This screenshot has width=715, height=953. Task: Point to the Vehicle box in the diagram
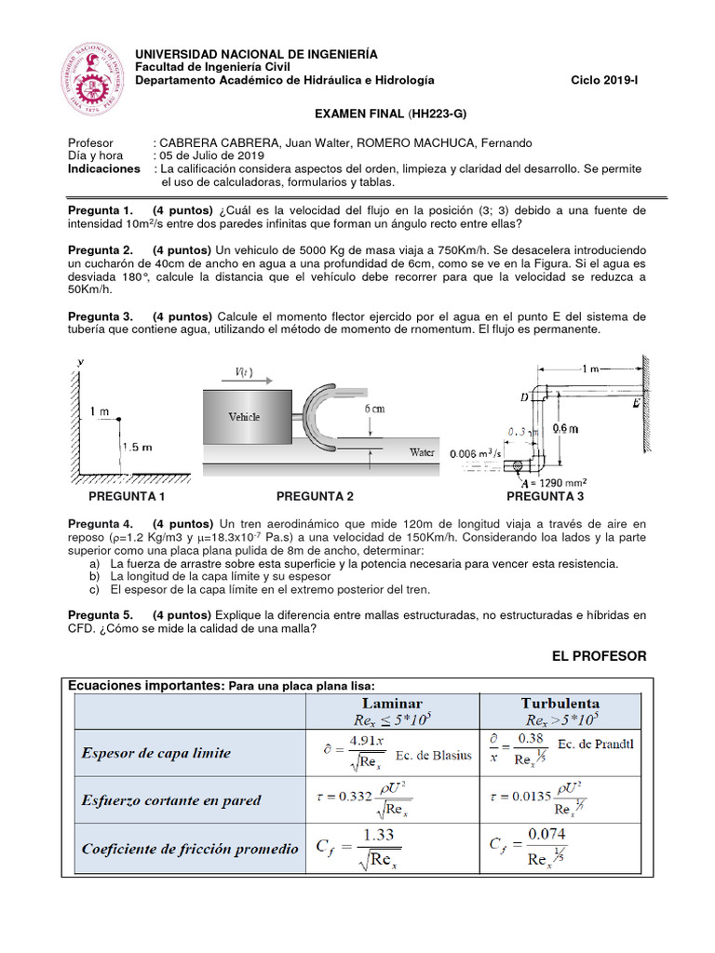(x=245, y=417)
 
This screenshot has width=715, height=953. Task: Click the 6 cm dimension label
(x=375, y=409)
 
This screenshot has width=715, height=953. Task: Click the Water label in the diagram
(x=423, y=452)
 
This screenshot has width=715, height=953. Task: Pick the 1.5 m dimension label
(x=137, y=447)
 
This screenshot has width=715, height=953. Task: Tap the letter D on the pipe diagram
(x=523, y=398)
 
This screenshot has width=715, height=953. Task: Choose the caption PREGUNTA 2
(x=315, y=497)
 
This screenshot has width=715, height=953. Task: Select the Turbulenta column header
(x=560, y=704)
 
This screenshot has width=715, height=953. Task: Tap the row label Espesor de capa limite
(x=156, y=752)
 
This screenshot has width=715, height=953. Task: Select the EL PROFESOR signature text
(x=599, y=656)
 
